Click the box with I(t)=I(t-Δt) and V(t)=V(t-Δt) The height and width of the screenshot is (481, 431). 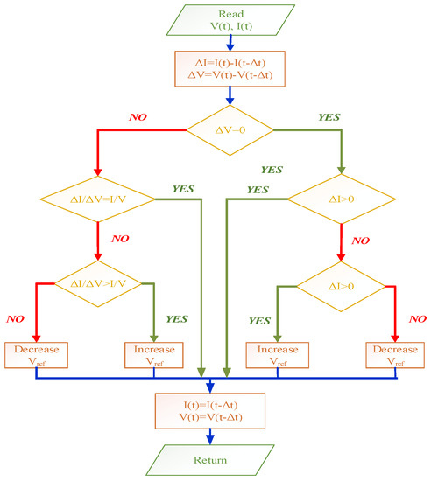pyautogui.click(x=209, y=409)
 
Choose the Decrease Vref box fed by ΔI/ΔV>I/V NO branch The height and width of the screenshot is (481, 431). pyautogui.click(x=36, y=353)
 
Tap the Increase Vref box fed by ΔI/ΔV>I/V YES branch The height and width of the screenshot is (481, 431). pyautogui.click(x=153, y=353)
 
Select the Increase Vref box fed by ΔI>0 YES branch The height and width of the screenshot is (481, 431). pyautogui.click(x=278, y=353)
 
